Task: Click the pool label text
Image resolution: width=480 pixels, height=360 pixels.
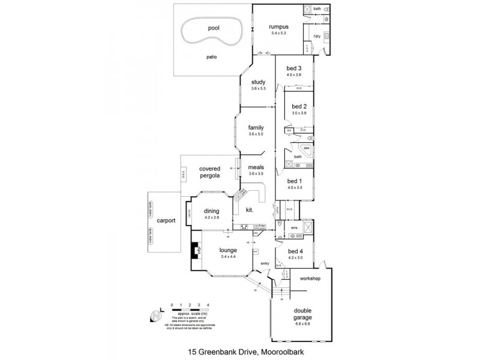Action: (214, 28)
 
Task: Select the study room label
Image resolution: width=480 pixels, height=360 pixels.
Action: (258, 82)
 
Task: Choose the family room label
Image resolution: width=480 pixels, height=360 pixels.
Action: (256, 127)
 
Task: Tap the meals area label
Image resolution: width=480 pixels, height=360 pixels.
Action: (256, 167)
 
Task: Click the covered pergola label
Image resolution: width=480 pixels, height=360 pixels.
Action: (211, 173)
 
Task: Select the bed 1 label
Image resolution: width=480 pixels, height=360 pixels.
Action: (295, 181)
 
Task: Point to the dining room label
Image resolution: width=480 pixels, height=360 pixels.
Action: (211, 211)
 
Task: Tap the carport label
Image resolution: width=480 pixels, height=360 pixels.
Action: (166, 220)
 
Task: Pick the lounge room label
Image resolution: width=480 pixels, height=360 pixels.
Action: (228, 250)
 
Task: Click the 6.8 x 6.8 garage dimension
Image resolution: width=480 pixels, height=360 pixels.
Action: (302, 324)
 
